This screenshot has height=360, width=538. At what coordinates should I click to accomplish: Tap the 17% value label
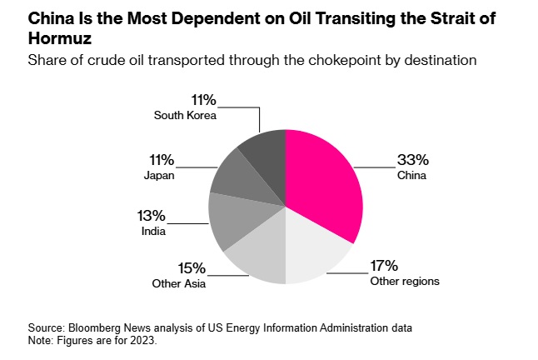coord(384,266)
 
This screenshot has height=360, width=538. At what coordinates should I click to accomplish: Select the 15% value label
coord(192,267)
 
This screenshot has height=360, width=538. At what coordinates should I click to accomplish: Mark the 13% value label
coord(151,216)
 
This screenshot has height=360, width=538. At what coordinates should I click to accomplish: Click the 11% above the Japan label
coord(162,159)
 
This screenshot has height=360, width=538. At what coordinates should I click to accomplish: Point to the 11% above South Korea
coord(203,101)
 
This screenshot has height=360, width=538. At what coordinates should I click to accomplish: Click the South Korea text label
coord(185,115)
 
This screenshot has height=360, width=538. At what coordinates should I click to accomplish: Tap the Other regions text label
coord(404,281)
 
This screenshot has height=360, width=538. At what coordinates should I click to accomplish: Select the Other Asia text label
coord(178,283)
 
